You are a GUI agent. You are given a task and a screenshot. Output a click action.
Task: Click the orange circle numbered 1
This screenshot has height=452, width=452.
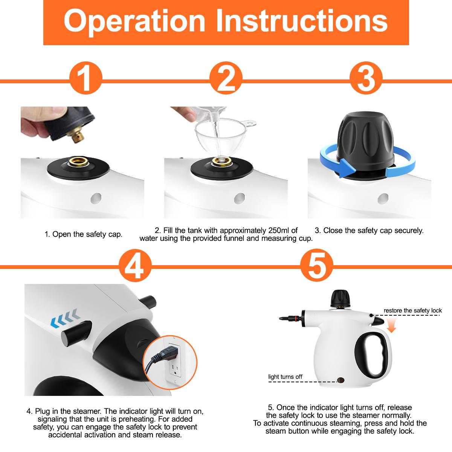click(86, 80)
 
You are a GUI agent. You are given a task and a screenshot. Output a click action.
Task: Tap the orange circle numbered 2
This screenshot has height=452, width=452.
click(226, 80)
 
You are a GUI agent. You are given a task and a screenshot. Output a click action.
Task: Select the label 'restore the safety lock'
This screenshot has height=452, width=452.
click(412, 311)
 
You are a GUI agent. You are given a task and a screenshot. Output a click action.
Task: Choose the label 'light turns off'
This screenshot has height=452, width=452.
click(285, 377)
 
